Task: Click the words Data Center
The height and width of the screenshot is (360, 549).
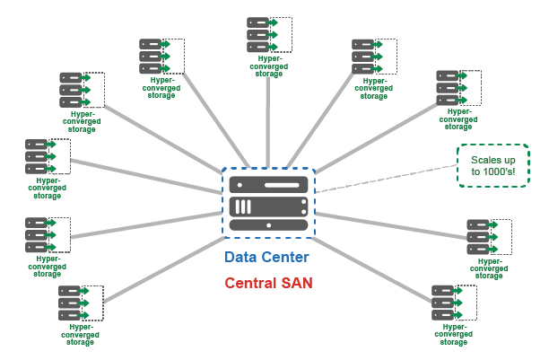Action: (267, 258)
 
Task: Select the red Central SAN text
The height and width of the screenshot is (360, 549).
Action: (267, 285)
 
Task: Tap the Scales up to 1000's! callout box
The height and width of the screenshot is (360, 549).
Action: (492, 166)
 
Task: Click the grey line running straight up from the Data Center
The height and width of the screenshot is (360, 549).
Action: (268, 117)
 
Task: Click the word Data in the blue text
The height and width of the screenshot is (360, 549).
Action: (240, 258)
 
